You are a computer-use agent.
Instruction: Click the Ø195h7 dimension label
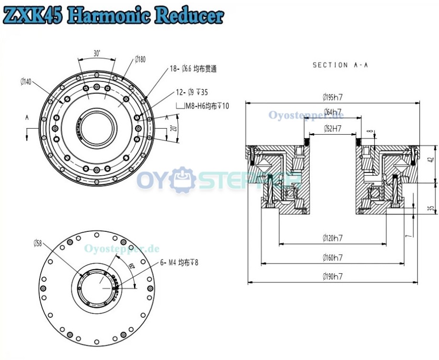[333, 97]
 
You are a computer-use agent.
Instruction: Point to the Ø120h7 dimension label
[332, 239]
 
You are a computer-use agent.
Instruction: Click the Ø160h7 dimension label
[332, 258]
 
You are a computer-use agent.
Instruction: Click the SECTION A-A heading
[340, 65]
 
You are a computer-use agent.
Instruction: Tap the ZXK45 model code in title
[32, 15]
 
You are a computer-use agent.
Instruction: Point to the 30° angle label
[97, 54]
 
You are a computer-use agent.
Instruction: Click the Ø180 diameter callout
[140, 59]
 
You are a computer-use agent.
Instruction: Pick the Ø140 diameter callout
[26, 82]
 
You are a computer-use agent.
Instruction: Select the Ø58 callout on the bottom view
[39, 243]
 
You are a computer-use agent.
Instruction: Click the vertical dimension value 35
[431, 209]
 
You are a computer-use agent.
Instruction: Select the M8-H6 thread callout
[206, 106]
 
